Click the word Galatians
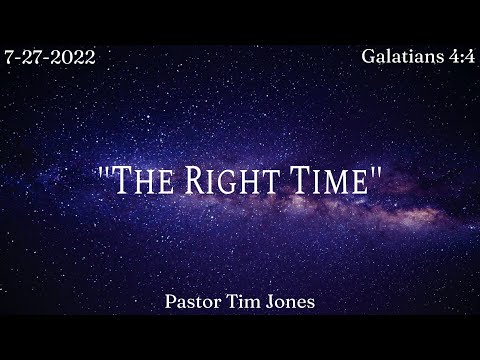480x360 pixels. pos(400,56)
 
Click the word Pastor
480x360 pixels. pos(200,300)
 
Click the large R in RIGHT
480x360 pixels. pos(200,183)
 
